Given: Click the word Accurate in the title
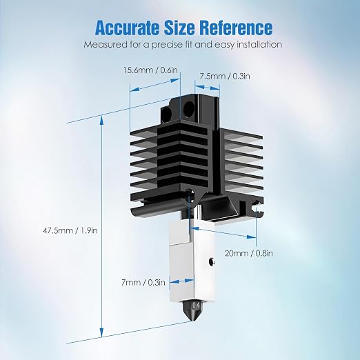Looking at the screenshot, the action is click(128, 28).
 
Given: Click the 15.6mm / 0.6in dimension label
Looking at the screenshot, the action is click(150, 70).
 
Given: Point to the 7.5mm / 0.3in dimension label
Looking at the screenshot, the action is click(224, 76).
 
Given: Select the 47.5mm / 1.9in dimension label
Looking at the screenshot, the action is click(70, 230).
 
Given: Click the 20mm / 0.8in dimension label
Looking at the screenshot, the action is click(249, 253).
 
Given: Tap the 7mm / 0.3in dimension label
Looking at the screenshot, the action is click(143, 283).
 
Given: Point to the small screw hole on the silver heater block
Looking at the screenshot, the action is click(211, 261).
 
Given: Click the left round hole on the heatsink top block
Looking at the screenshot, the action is click(166, 112).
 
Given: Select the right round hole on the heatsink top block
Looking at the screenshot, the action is click(189, 106).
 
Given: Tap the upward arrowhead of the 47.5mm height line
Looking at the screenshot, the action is click(101, 120).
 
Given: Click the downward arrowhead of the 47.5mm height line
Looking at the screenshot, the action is click(101, 333).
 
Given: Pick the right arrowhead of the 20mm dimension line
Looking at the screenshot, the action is click(251, 237).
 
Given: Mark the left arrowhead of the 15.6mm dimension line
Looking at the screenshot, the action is click(135, 90).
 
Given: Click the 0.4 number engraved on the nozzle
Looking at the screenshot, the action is click(197, 306).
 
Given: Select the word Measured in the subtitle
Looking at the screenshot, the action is click(106, 44).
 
